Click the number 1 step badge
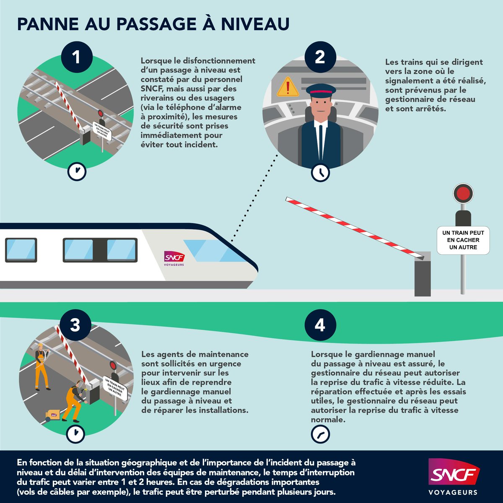click(76, 57)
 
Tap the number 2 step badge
click(320, 57)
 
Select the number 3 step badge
click(75, 325)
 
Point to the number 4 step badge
click(320, 325)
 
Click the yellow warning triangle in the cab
click(288, 87)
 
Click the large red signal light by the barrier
click(463, 193)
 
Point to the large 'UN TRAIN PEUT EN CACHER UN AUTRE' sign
click(463, 240)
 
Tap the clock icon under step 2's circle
click(321, 172)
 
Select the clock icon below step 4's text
click(320, 434)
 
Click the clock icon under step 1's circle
click(77, 171)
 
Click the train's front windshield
click(210, 251)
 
